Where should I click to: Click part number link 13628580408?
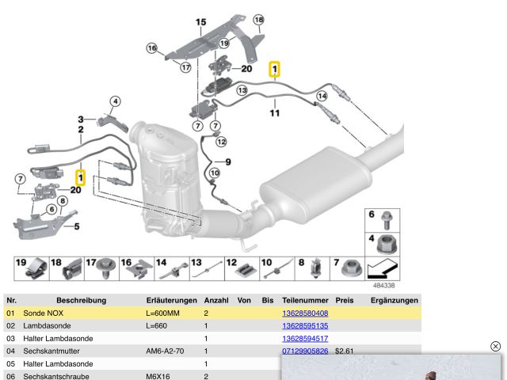(305, 313)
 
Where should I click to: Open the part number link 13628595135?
(305, 326)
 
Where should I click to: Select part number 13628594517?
(305, 339)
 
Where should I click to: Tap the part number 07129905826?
(305, 351)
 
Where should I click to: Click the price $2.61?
(344, 351)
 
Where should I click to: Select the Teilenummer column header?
(305, 301)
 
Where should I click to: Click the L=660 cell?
(157, 326)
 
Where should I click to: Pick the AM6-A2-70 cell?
(165, 351)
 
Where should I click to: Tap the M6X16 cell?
(158, 377)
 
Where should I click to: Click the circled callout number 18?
(258, 20)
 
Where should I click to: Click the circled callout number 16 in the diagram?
(152, 48)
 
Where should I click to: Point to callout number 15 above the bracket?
(200, 22)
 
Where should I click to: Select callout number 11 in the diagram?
(274, 113)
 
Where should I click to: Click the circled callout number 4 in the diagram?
(115, 101)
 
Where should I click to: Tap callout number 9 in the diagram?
(227, 161)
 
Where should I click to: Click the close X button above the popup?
(496, 347)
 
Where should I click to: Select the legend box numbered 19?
(30, 268)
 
